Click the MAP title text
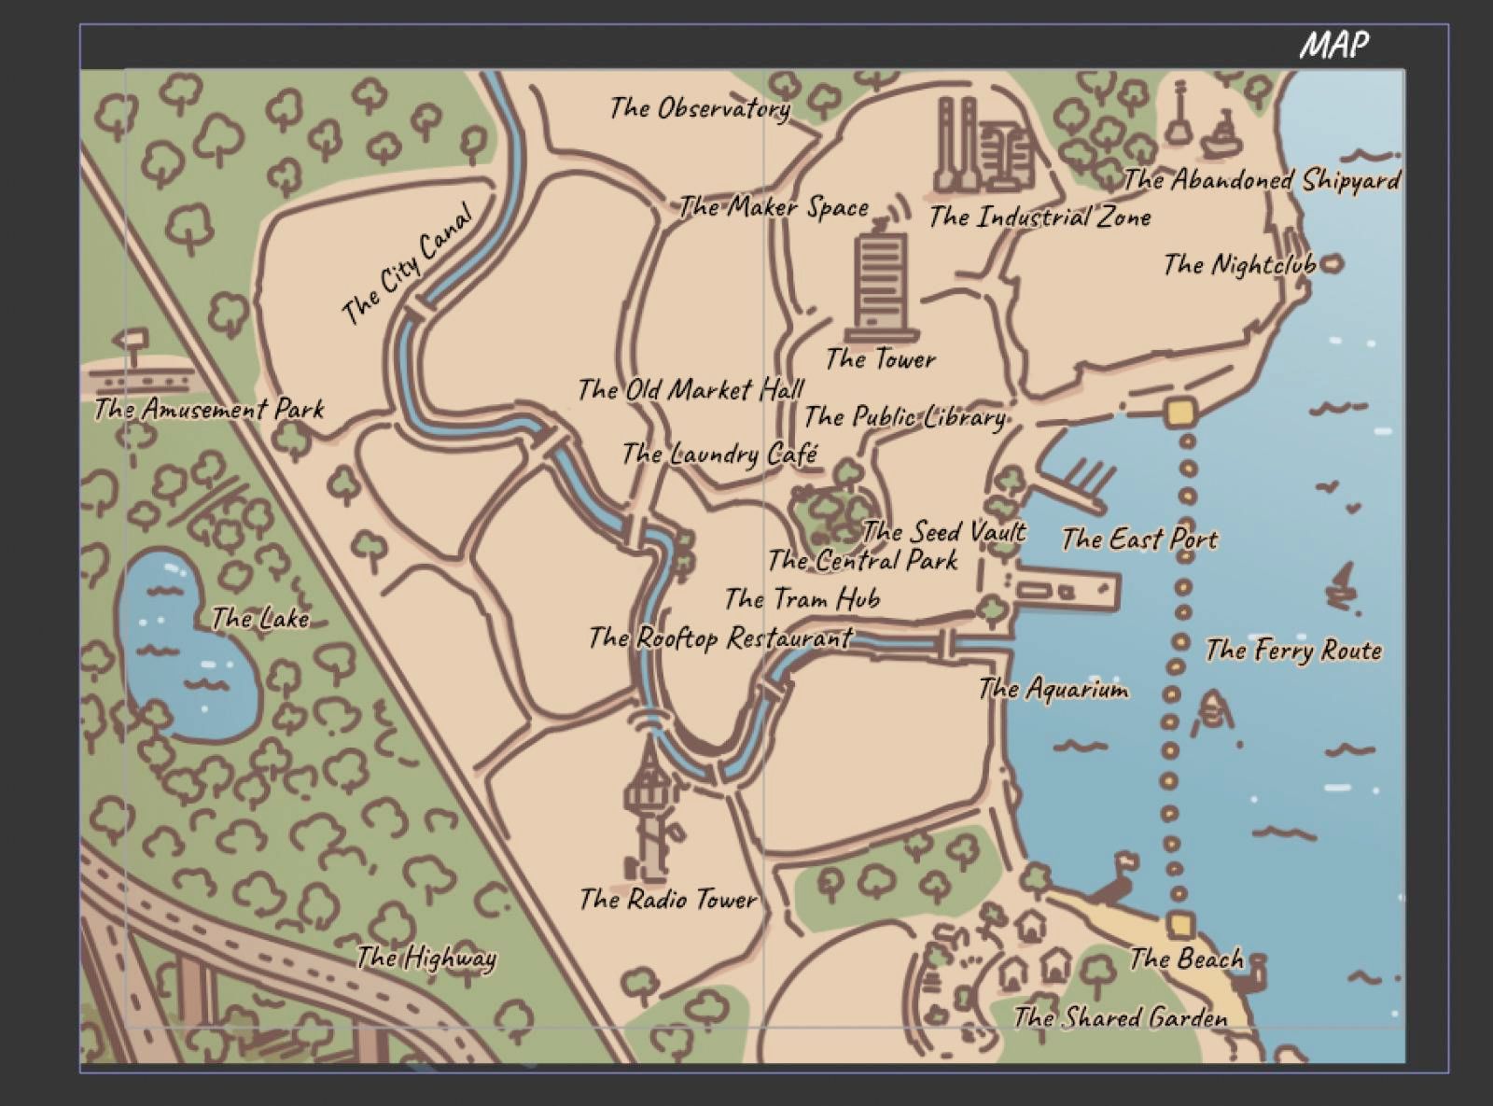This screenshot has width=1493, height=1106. tap(1334, 45)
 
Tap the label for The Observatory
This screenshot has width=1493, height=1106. tap(700, 108)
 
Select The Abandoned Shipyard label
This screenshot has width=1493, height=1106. tap(1262, 179)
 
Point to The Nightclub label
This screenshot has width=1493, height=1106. tap(1238, 265)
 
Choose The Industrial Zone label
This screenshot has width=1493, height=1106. tap(1040, 217)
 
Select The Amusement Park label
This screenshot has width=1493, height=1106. tap(209, 409)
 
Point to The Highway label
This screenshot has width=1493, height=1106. tap(426, 958)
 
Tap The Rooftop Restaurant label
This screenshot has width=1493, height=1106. tap(720, 638)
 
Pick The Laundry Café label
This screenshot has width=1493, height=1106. tap(719, 455)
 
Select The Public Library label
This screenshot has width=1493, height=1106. tap(905, 416)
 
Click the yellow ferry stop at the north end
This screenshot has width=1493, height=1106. tap(1180, 412)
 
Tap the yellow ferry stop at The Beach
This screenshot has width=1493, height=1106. tap(1180, 924)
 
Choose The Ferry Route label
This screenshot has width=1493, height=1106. tap(1293, 650)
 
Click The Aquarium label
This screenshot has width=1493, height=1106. tap(1053, 690)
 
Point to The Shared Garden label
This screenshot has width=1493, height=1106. tap(1121, 1016)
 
